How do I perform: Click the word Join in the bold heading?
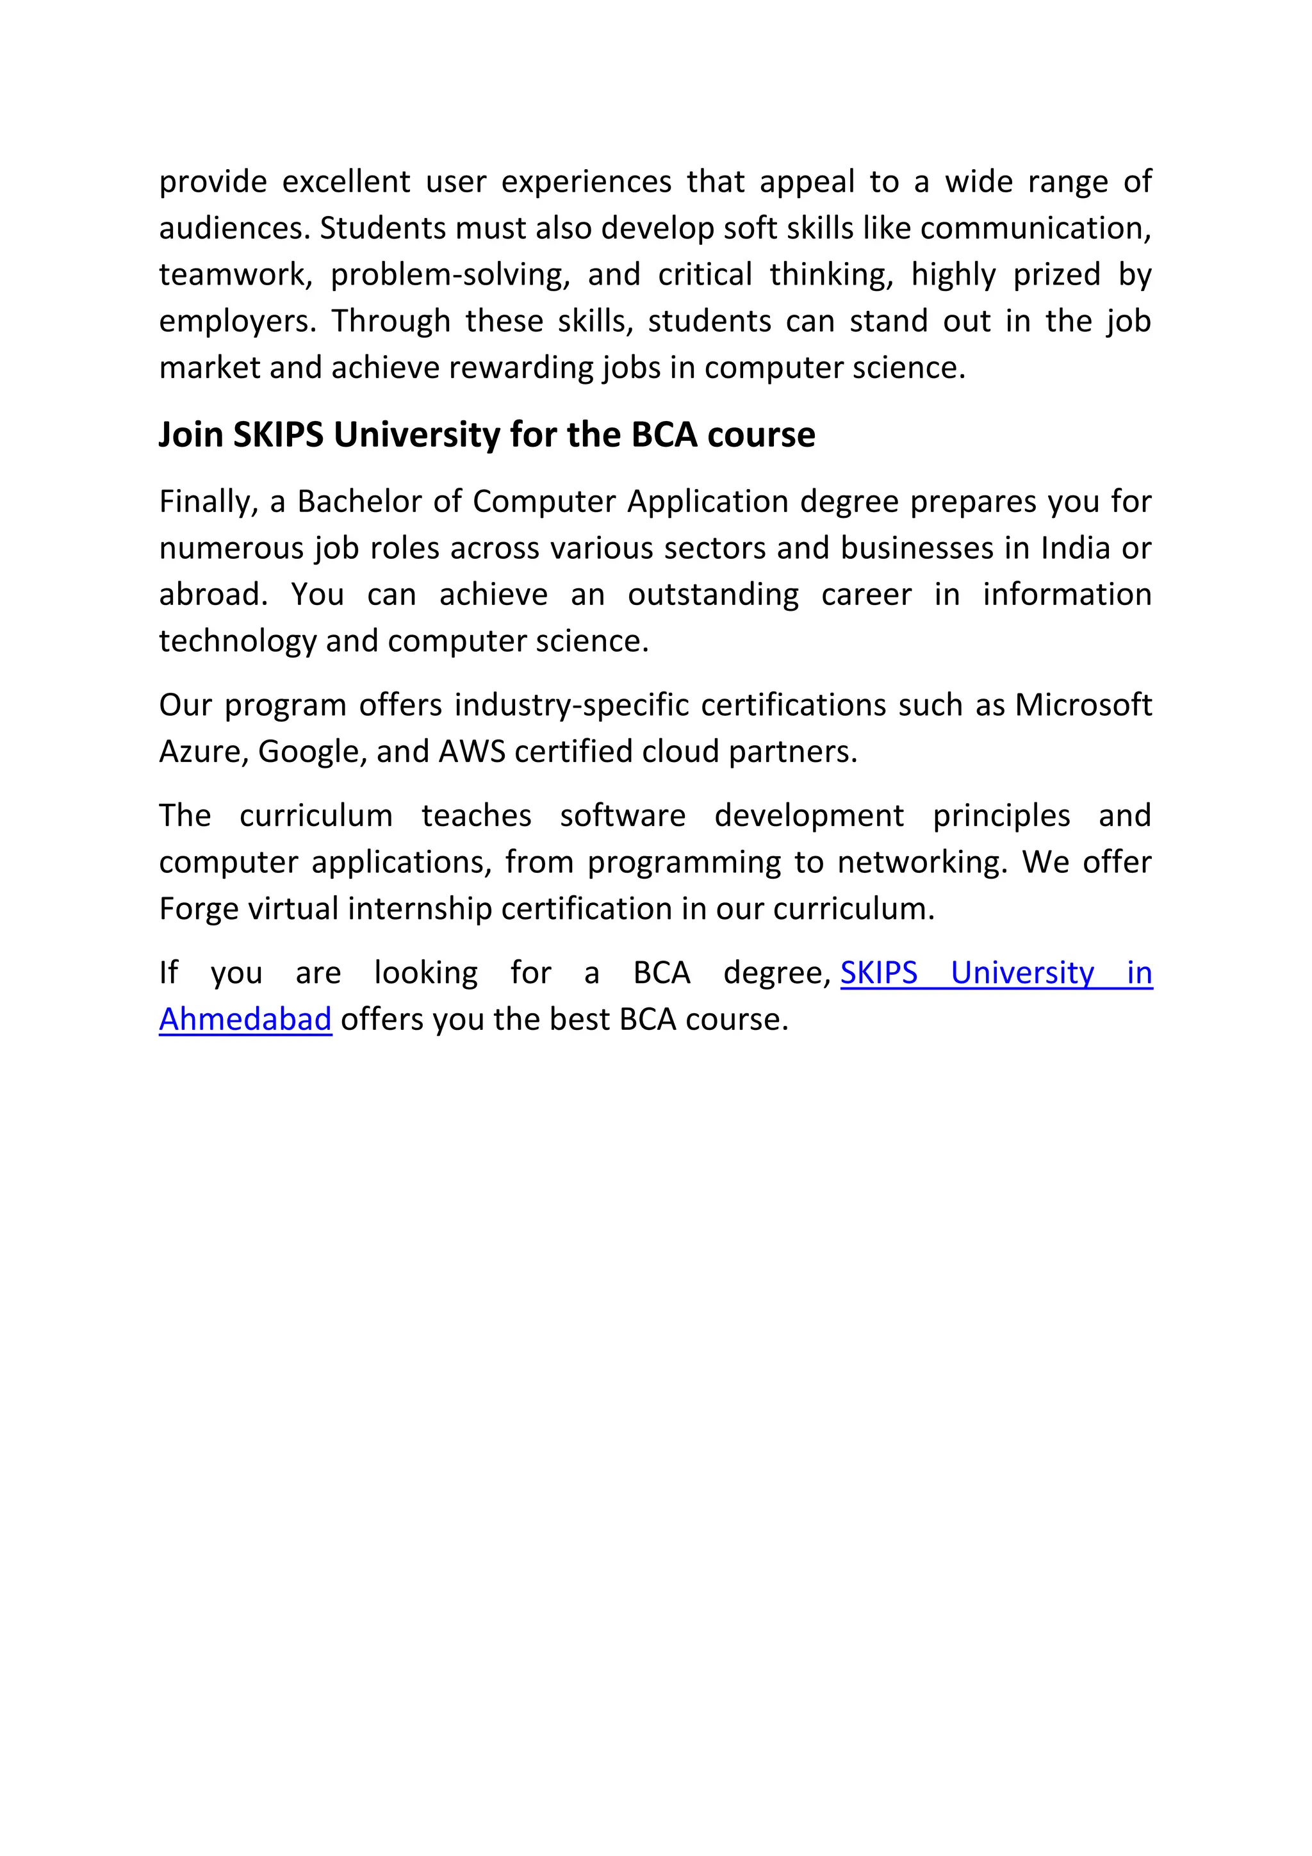191,435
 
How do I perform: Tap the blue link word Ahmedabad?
245,1020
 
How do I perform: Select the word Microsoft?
1083,705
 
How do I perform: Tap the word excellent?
346,182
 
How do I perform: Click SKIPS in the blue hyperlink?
879,972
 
